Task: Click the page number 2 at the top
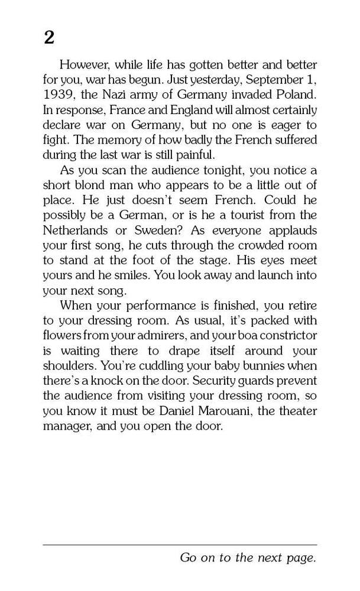coord(49,37)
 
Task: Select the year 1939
coord(59,95)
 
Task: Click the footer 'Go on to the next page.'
coord(248,558)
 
